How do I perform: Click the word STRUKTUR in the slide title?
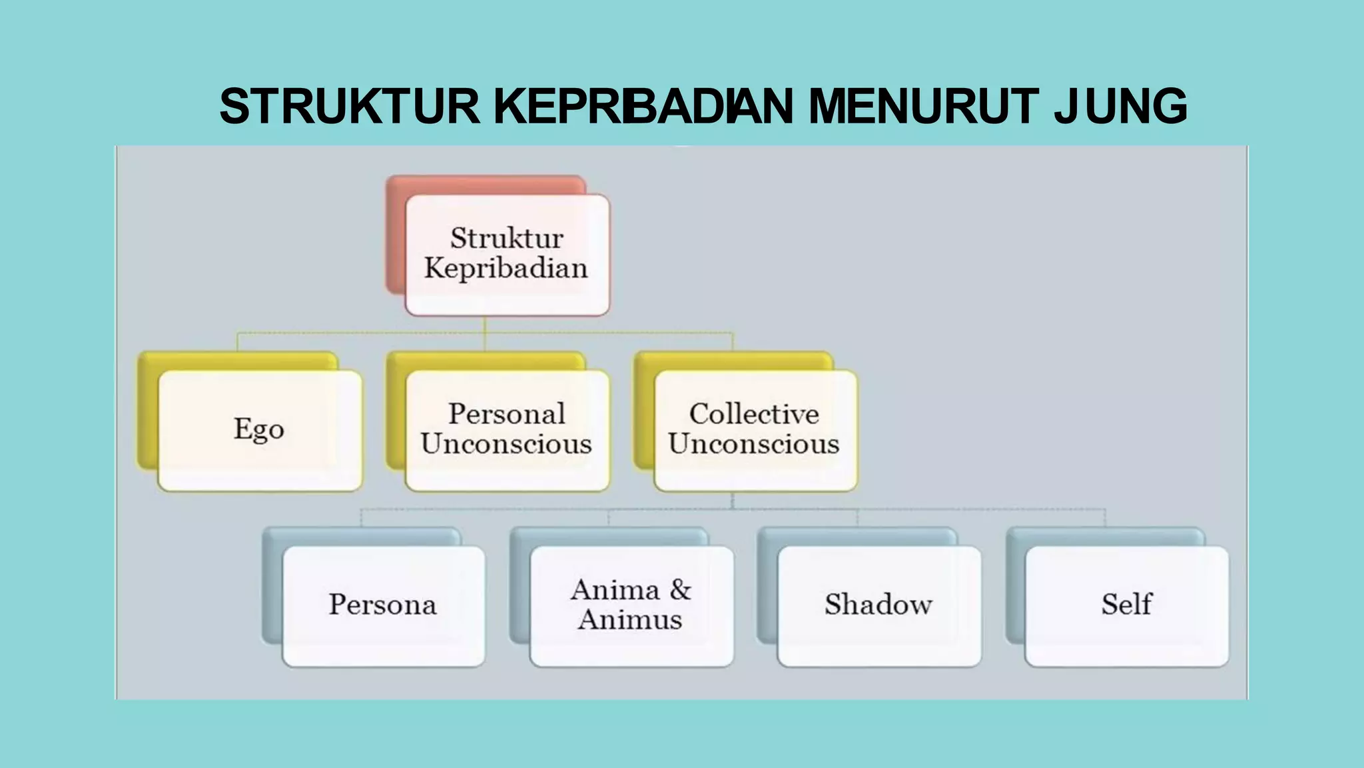click(350, 107)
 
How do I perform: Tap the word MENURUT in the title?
click(923, 107)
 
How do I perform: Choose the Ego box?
click(260, 430)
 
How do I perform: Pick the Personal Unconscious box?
click(507, 430)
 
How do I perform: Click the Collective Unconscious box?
click(755, 430)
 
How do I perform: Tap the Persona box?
click(383, 605)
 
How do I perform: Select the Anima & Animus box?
click(631, 605)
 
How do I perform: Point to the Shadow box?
click(878, 605)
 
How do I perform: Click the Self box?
click(1126, 605)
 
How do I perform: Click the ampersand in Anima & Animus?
click(681, 590)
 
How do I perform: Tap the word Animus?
click(630, 620)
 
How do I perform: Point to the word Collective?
click(754, 414)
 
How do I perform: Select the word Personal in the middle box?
click(507, 414)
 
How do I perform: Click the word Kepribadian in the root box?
click(506, 269)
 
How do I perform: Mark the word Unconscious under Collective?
click(754, 445)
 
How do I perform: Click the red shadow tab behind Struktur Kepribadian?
click(396, 233)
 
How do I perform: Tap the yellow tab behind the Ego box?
click(148, 413)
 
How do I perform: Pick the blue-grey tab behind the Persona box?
click(272, 587)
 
